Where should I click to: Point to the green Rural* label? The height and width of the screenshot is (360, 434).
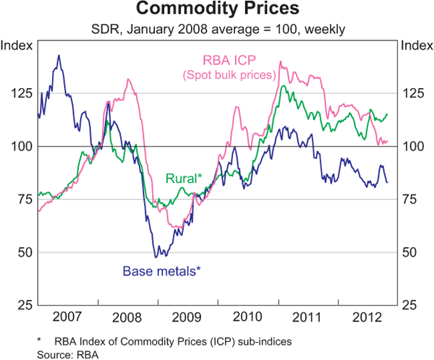click(x=184, y=178)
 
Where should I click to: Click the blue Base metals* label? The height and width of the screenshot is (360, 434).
click(x=161, y=272)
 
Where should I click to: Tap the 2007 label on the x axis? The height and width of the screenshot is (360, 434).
click(x=67, y=316)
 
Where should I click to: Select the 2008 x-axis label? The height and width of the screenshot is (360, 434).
click(x=127, y=316)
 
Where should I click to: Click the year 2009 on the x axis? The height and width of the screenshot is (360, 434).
click(x=187, y=316)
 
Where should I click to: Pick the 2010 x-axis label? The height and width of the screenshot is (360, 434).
click(x=247, y=316)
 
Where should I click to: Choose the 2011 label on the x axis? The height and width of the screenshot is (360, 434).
click(x=307, y=316)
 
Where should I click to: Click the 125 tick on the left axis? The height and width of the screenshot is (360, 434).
click(x=22, y=94)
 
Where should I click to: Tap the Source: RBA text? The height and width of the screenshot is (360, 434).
click(x=67, y=353)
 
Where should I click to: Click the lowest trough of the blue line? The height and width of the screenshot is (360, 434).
click(x=156, y=257)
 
